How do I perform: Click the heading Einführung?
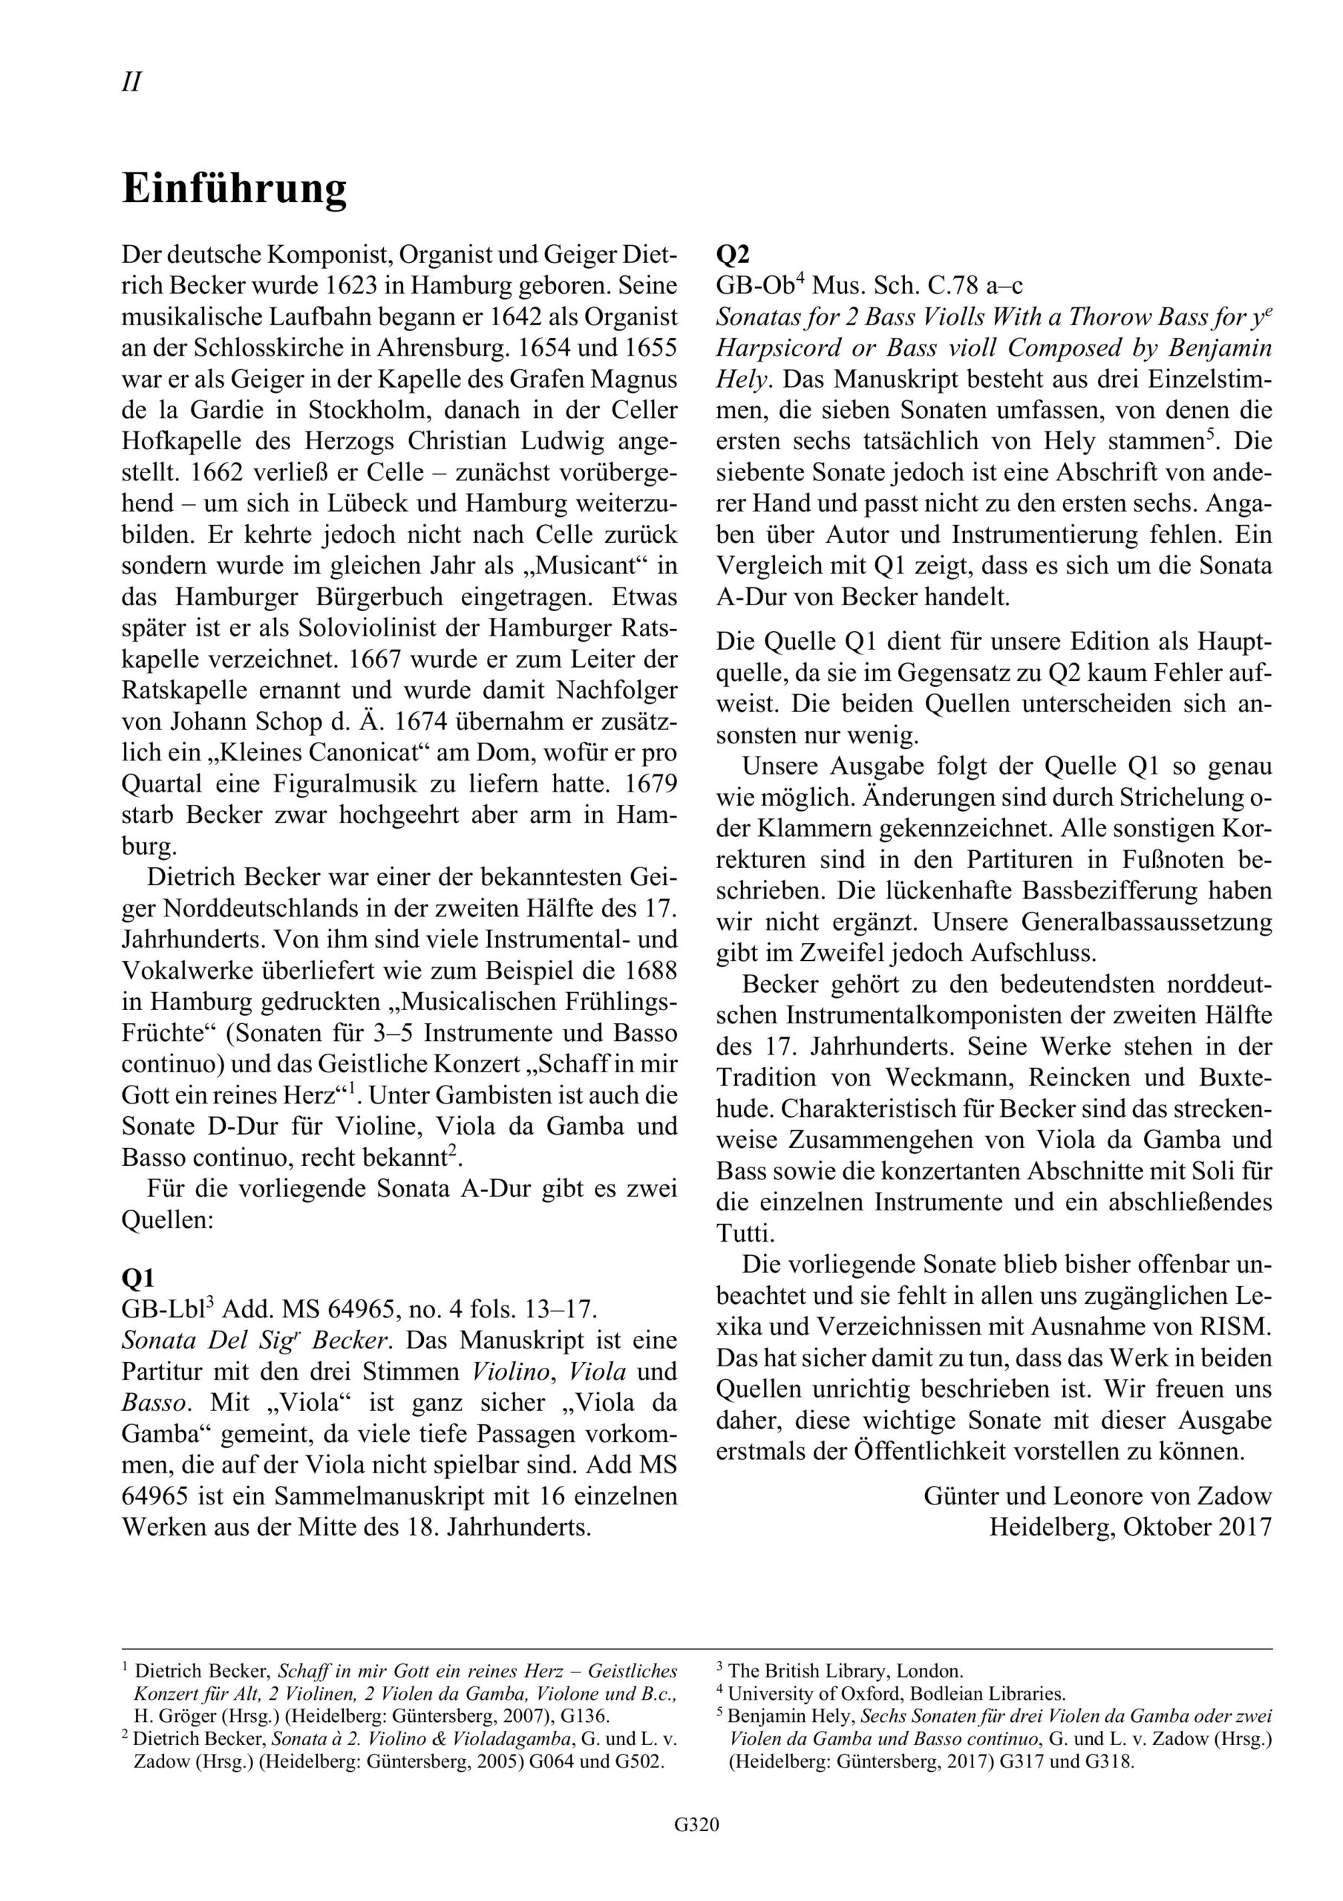(x=235, y=189)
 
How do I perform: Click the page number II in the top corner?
(x=131, y=82)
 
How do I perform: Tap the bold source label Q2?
(x=732, y=254)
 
